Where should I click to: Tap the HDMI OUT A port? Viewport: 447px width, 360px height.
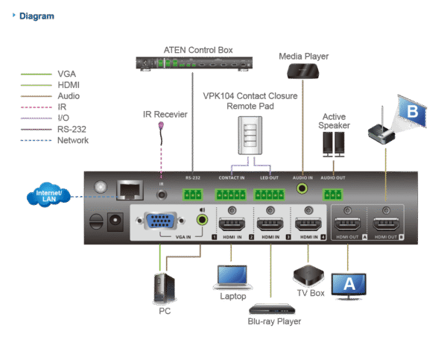pyautogui.click(x=348, y=224)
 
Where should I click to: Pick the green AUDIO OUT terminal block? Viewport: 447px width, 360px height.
pyautogui.click(x=333, y=195)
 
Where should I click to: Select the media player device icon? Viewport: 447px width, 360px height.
pyautogui.click(x=303, y=71)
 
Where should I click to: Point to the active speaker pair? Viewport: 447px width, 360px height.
pyautogui.click(x=333, y=142)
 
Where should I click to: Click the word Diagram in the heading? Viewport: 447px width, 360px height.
pyautogui.click(x=37, y=16)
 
